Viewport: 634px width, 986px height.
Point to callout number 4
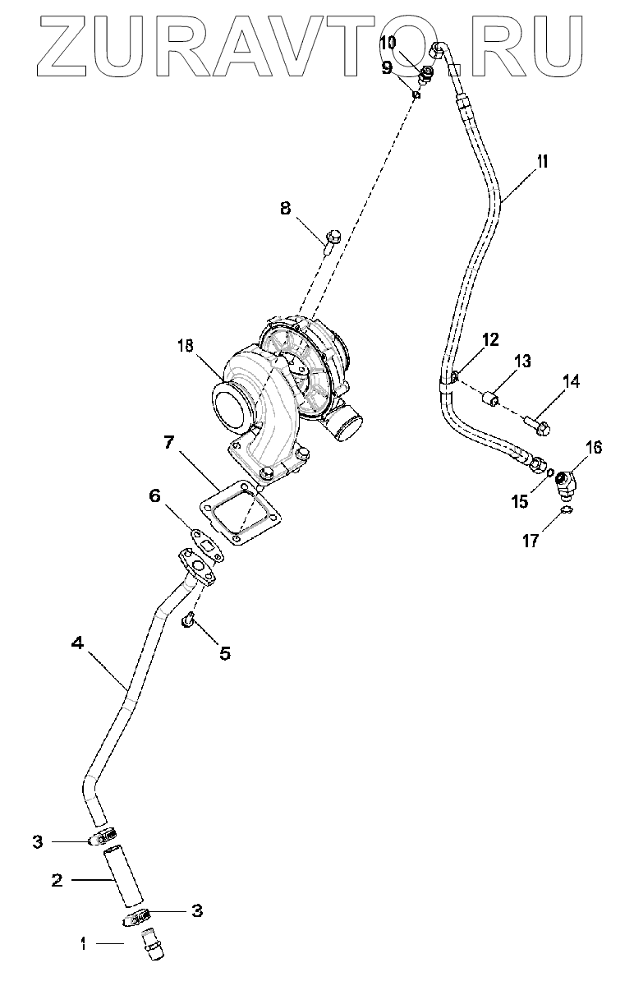pyautogui.click(x=77, y=644)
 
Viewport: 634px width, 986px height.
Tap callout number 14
pyautogui.click(x=571, y=380)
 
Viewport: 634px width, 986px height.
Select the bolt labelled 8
pyautogui.click(x=331, y=242)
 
